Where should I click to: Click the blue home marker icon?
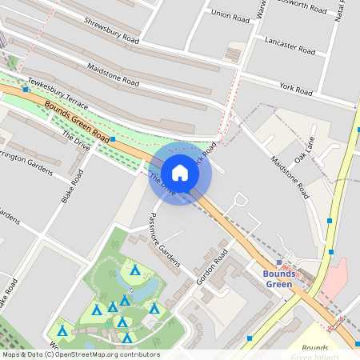[180, 173]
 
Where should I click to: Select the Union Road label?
[230, 14]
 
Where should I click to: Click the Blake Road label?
[72, 186]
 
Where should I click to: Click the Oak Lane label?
[305, 148]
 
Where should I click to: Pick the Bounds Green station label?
[279, 278]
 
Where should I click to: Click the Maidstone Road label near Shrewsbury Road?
[113, 76]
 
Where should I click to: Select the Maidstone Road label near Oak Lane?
[289, 177]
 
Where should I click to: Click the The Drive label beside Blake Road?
[77, 141]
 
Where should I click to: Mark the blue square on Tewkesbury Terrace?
[27, 90]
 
